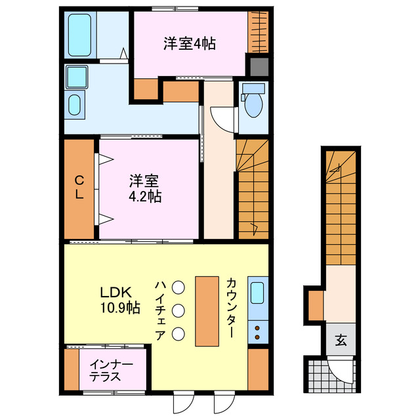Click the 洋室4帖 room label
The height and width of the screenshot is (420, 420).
pyautogui.click(x=190, y=45)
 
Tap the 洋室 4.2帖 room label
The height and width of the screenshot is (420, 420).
pyautogui.click(x=145, y=188)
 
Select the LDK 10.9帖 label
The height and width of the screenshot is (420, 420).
pyautogui.click(x=119, y=299)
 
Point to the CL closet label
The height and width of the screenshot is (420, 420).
pyautogui.click(x=79, y=188)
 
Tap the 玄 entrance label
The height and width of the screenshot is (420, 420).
pyautogui.click(x=342, y=340)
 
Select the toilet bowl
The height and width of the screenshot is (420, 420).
pyautogui.click(x=253, y=102)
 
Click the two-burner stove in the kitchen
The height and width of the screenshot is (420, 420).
pyautogui.click(x=258, y=331)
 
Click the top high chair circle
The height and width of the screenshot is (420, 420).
pyautogui.click(x=178, y=287)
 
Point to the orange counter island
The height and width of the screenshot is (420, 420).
pyautogui.click(x=206, y=311)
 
